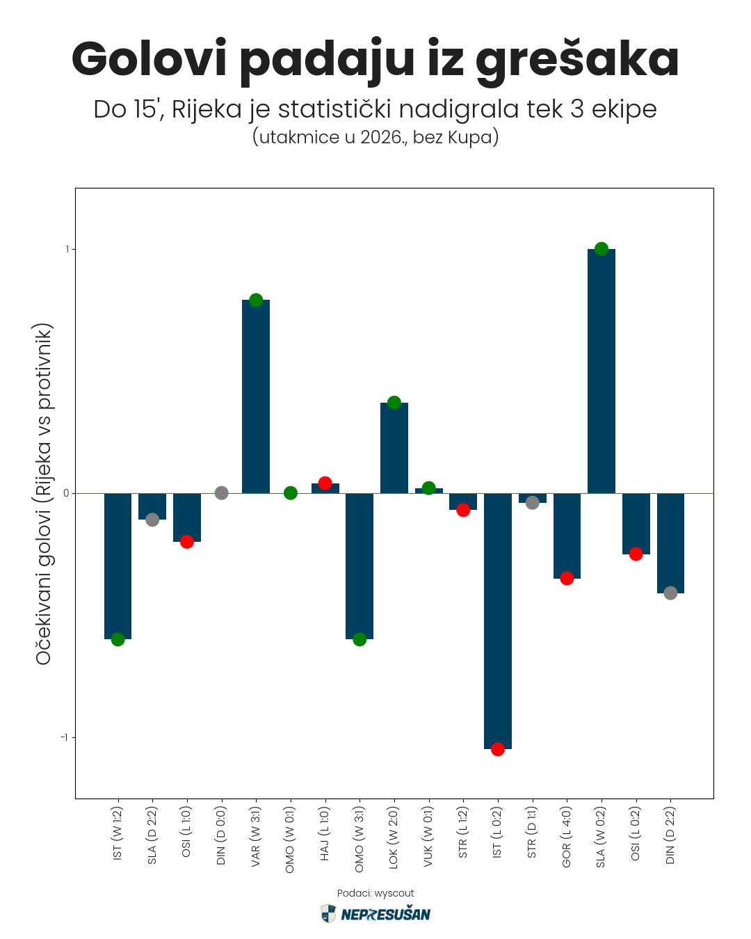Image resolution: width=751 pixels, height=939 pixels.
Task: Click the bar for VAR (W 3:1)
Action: point(256,396)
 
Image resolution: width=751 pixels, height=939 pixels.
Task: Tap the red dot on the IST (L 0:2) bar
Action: point(497,749)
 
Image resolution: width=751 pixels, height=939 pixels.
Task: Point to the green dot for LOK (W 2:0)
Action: point(394,403)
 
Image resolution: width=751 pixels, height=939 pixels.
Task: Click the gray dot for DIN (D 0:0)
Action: point(221,493)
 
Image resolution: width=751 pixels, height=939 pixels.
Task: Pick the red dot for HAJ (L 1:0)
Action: point(325,483)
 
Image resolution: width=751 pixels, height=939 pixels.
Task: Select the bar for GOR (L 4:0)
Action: point(567,536)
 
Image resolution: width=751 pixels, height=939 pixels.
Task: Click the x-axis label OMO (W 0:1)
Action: point(291,840)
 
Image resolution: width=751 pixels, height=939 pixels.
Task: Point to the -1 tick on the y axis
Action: point(64,737)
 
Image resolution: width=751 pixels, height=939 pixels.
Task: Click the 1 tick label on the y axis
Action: point(67,249)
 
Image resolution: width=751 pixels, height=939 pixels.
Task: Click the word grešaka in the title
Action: point(577,60)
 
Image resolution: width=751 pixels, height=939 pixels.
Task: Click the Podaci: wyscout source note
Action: point(375,893)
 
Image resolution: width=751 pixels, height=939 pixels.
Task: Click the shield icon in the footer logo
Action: point(328,914)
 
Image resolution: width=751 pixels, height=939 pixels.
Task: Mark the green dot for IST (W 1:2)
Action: point(118,639)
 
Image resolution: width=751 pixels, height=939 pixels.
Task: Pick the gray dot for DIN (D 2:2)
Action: point(670,593)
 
